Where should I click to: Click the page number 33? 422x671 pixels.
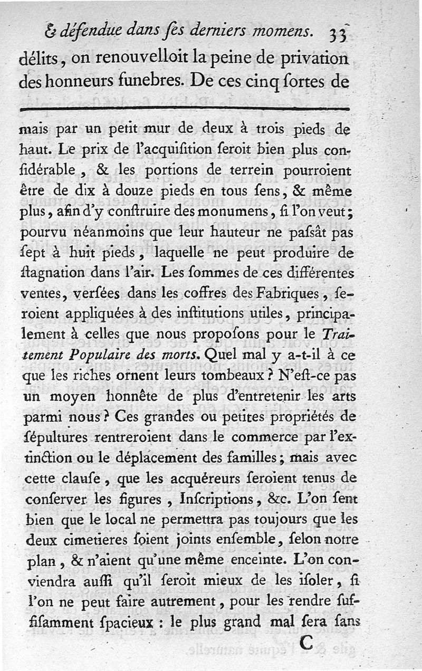pyautogui.click(x=337, y=35)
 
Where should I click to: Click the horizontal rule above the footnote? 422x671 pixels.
pyautogui.click(x=184, y=109)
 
